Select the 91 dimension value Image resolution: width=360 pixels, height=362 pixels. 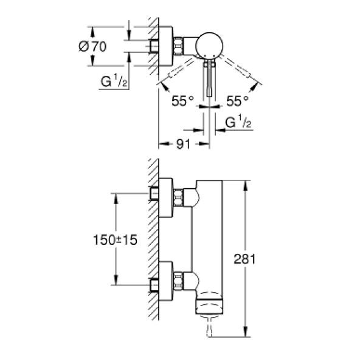coord(183,144)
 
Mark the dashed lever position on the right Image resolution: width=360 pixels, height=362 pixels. coord(243,71)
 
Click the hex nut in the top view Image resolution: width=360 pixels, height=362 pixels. coord(180,46)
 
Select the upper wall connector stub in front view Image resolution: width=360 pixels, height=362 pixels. coord(156,194)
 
